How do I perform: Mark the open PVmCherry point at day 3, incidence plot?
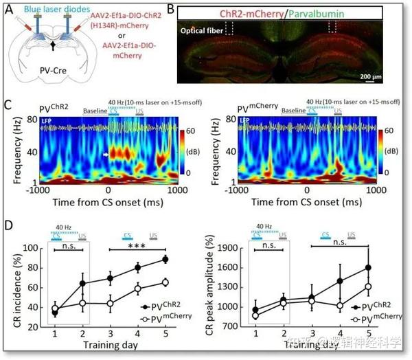[108, 303]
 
